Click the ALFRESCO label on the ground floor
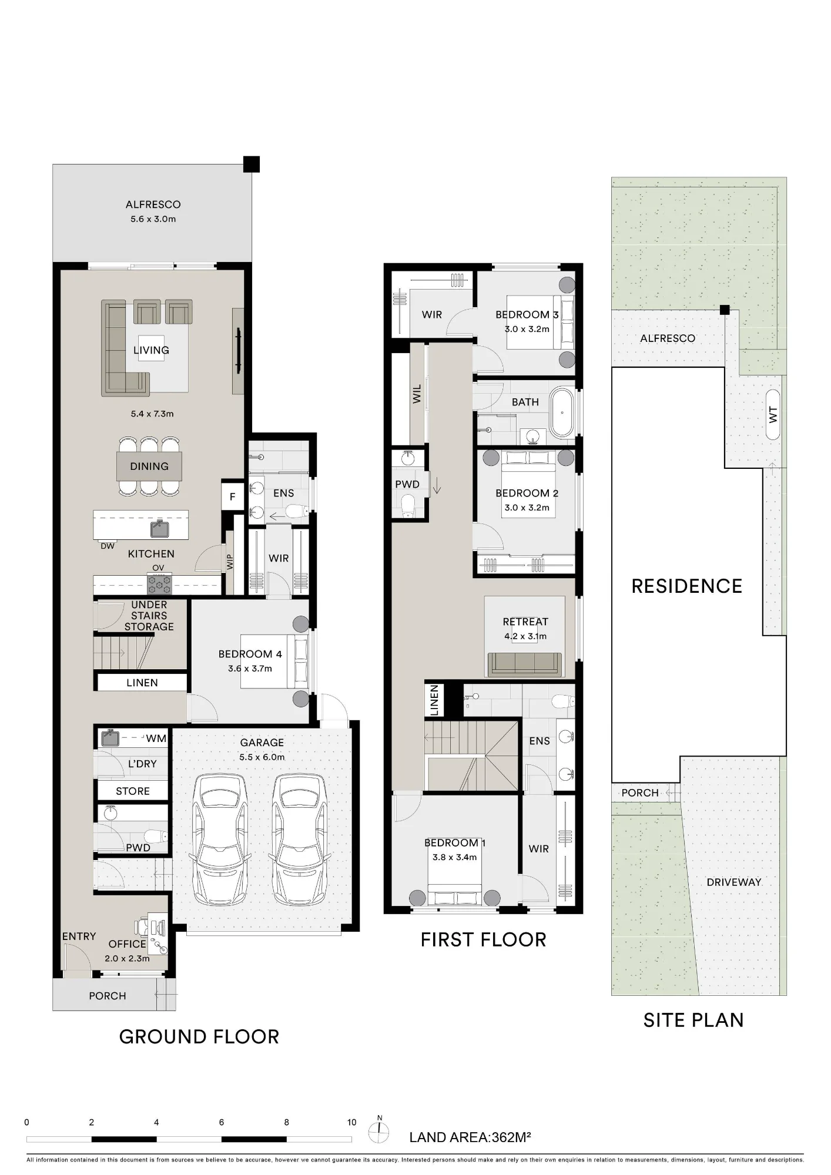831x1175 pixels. click(x=153, y=204)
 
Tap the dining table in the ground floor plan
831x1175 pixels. click(x=149, y=466)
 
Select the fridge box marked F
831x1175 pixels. click(x=232, y=497)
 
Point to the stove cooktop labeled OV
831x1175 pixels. click(x=159, y=585)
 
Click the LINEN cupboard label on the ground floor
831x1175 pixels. click(x=142, y=683)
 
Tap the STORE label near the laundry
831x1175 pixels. click(x=133, y=791)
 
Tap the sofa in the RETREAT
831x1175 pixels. click(x=525, y=664)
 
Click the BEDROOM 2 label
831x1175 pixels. click(x=527, y=493)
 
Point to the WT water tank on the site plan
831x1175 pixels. click(x=773, y=415)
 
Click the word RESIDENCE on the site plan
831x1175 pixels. click(x=687, y=586)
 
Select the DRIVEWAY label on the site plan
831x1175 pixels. click(x=734, y=882)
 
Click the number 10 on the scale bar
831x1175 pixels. click(x=351, y=1122)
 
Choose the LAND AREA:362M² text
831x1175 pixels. click(x=470, y=1137)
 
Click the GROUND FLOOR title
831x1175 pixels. click(x=199, y=1036)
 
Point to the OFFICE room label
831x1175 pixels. click(x=128, y=944)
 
